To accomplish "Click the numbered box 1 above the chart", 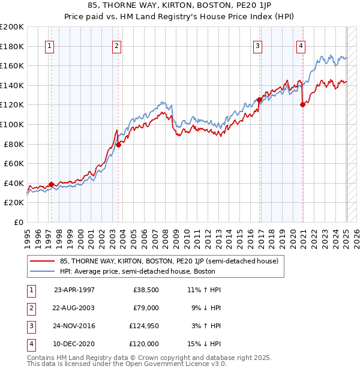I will tap(50, 46).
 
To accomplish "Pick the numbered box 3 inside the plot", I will tap(258, 46).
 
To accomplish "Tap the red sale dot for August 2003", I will tap(119, 145).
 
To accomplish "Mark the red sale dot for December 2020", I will tap(302, 104).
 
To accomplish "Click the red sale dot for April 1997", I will tap(52, 184).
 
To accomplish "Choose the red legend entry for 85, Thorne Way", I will tap(169, 262).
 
